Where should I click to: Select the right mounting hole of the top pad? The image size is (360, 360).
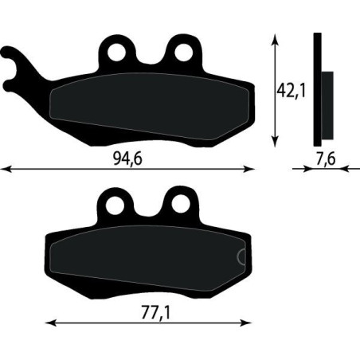click(185, 53)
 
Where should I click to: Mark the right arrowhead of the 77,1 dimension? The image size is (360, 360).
click(245, 323)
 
